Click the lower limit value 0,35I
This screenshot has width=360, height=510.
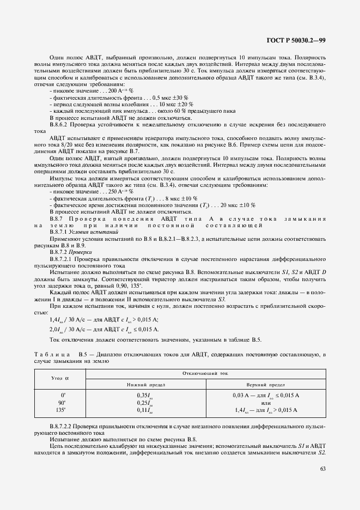(143, 394)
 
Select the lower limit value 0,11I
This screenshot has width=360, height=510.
(143, 409)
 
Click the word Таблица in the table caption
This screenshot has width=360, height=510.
(51, 355)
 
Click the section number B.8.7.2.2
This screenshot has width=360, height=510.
(63, 425)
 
